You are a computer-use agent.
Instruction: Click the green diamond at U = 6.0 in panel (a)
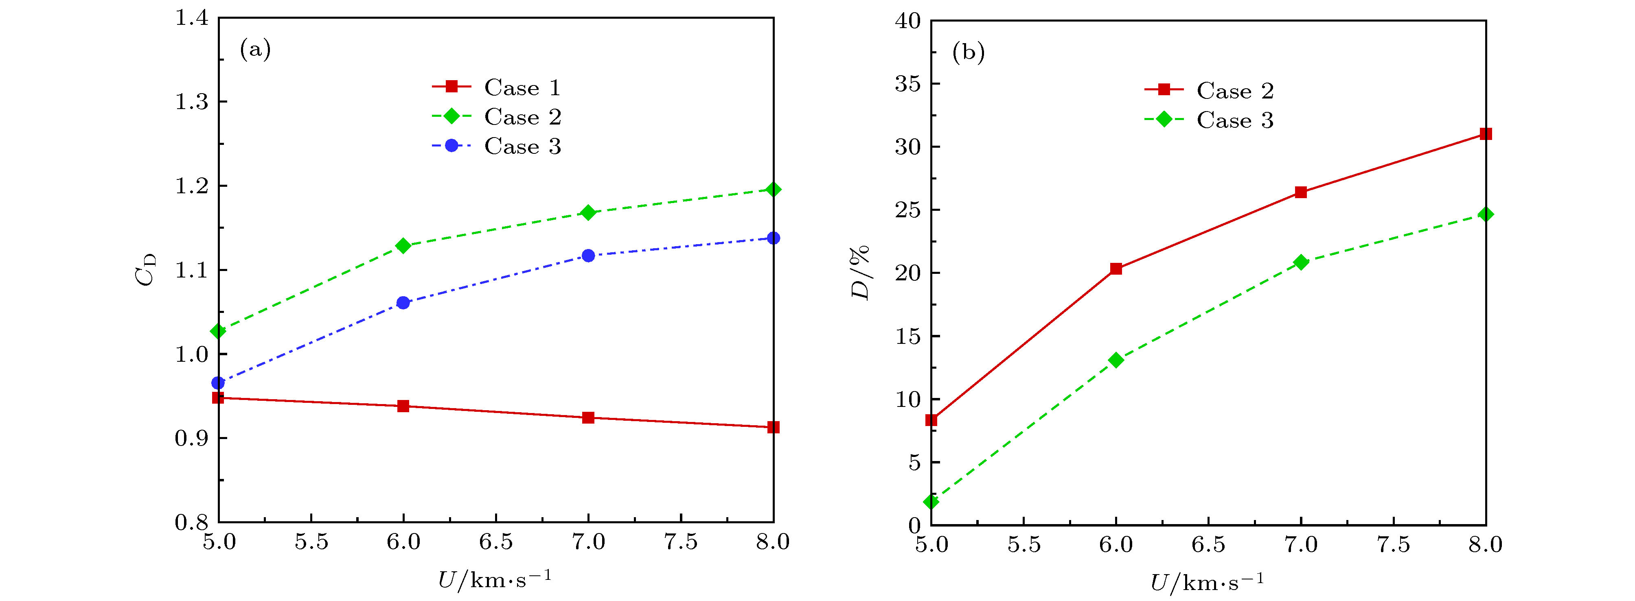(403, 246)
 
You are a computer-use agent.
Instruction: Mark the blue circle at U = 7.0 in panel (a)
(588, 256)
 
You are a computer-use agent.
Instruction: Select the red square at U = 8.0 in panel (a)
(773, 427)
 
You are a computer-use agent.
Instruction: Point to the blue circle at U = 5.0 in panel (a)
(218, 382)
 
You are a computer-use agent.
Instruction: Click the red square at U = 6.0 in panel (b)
(1116, 269)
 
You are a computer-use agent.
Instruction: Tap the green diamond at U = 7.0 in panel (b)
(1300, 262)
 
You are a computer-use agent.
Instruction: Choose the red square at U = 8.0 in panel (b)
(1485, 134)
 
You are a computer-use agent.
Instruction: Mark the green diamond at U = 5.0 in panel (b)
(931, 501)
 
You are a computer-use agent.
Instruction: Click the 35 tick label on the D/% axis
(907, 84)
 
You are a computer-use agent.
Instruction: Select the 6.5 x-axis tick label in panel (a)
(496, 542)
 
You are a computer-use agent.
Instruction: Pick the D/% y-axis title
(860, 273)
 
